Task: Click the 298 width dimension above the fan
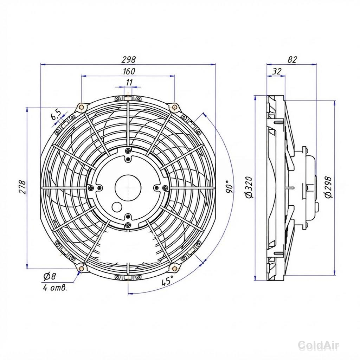pyautogui.click(x=129, y=60)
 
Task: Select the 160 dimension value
pyautogui.click(x=129, y=71)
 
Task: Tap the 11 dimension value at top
pyautogui.click(x=129, y=82)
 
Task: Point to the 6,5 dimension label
pyautogui.click(x=56, y=115)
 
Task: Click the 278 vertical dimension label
pyautogui.click(x=22, y=187)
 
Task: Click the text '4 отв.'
pyautogui.click(x=55, y=288)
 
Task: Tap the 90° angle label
pyautogui.click(x=229, y=187)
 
